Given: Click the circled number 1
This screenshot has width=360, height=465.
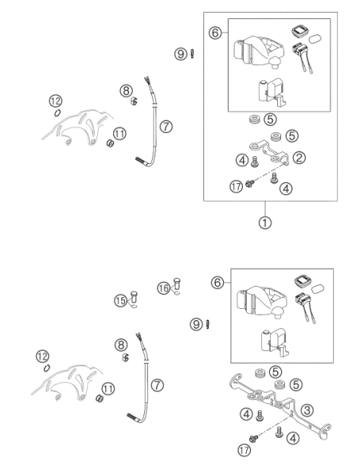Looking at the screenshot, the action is [x=264, y=222].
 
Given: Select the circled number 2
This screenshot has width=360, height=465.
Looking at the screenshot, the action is [x=299, y=157].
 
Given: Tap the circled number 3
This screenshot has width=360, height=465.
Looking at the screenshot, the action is [x=307, y=410].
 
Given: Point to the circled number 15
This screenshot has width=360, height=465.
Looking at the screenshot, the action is [x=120, y=301].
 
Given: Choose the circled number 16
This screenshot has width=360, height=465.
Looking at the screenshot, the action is [x=164, y=288].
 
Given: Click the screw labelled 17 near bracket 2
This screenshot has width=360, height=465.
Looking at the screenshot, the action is [x=249, y=184].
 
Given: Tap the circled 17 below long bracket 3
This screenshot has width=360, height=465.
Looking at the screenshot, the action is [x=244, y=450].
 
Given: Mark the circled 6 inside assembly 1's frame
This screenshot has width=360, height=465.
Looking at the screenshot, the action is [x=215, y=33].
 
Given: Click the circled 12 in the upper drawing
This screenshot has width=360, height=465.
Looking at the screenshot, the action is [x=56, y=101].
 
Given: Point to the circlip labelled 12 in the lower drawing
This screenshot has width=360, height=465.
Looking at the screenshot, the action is [x=46, y=368].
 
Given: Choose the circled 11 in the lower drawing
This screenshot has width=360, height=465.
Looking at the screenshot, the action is [x=108, y=389].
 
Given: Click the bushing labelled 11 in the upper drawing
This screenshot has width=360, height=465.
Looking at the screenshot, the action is [x=111, y=143].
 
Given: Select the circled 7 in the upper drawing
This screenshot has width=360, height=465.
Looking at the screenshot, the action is [x=166, y=127].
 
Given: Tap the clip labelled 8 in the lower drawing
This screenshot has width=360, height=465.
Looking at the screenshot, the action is [x=125, y=358].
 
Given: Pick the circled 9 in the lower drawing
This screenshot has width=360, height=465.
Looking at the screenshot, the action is [x=196, y=324].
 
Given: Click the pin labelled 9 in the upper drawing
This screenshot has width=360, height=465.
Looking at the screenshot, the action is [x=192, y=54].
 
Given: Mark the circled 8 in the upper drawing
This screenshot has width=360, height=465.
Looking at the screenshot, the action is [x=127, y=91].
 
